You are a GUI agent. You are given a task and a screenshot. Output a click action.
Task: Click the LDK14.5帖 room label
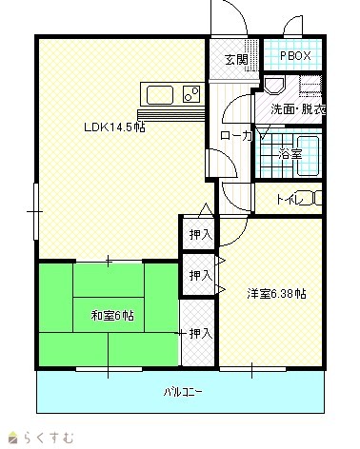coord(114,127)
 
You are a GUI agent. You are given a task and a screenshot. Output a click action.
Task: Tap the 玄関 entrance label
coord(236,60)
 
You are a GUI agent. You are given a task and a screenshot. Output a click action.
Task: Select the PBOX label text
coord(295,56)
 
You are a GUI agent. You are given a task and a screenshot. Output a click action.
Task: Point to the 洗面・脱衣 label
coord(298,109)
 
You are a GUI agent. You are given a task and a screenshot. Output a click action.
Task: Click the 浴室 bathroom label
coord(290,154)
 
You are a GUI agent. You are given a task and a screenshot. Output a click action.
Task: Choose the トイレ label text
coord(290,200)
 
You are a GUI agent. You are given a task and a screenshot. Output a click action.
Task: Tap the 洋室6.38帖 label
coord(277,294)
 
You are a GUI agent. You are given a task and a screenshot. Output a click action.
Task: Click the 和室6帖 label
coord(112,316)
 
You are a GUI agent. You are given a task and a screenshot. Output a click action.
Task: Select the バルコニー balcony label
coord(183,393)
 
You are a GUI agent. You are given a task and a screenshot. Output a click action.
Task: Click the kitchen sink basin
coord(159,95)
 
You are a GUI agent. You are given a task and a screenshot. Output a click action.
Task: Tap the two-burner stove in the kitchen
coord(191,94)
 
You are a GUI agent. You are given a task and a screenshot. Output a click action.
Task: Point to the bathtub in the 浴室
coord(308,156)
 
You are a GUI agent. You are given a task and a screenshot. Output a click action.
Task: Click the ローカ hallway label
coord(236,136)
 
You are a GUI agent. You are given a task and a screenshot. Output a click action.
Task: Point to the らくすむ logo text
coord(49,438)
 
